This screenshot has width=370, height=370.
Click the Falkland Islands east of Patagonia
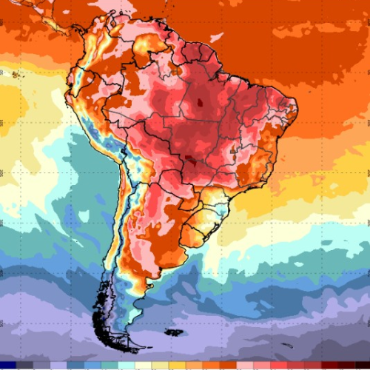(x=172, y=332)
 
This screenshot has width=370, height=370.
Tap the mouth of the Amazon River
(x=222, y=63)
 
